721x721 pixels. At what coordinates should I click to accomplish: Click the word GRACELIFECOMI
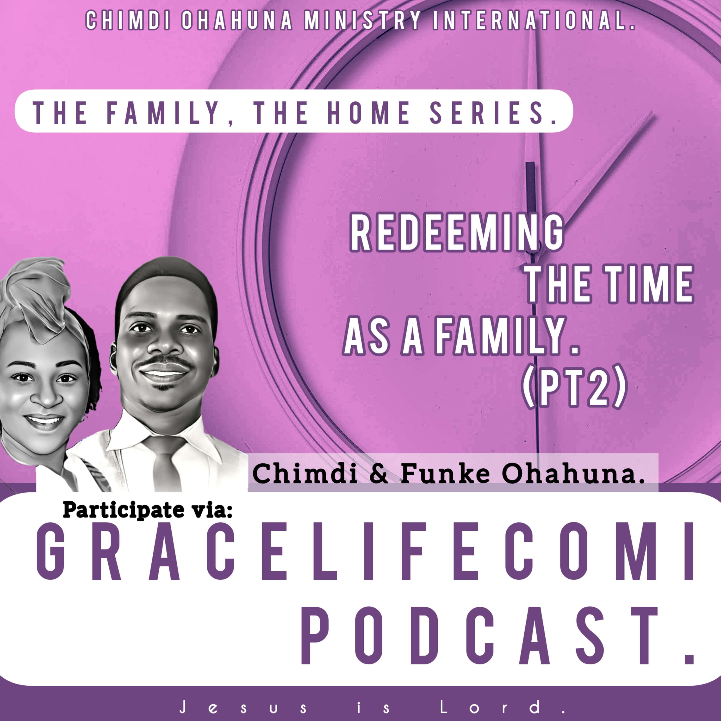click(366, 552)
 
